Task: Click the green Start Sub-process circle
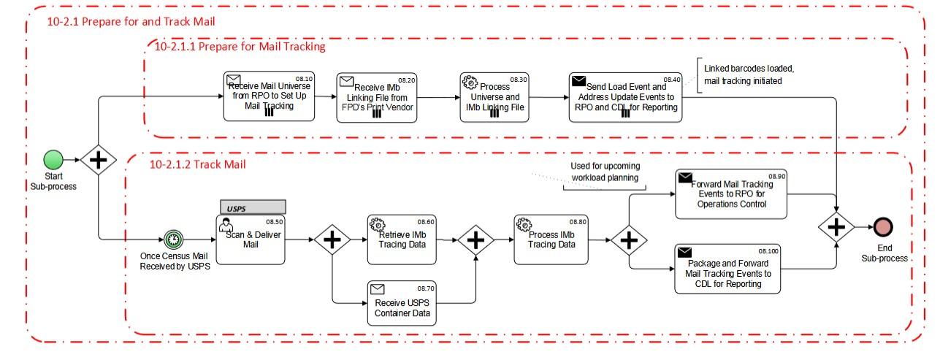click(x=53, y=159)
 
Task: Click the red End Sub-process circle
click(x=882, y=227)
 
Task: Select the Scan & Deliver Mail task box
click(x=249, y=240)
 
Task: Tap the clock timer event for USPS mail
click(x=173, y=240)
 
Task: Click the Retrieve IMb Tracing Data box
click(x=401, y=239)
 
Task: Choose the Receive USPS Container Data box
click(x=402, y=303)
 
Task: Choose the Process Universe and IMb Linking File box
click(x=494, y=96)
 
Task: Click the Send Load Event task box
click(x=625, y=96)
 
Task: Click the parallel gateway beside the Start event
click(x=98, y=159)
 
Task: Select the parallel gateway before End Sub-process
click(x=836, y=227)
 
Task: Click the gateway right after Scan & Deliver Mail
click(x=332, y=240)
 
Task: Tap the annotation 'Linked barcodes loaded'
click(x=748, y=74)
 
